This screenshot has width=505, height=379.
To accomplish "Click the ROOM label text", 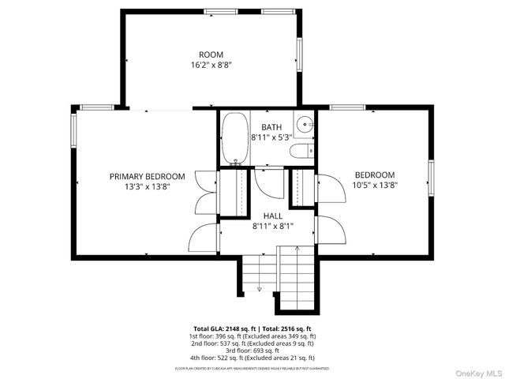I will (x=211, y=54).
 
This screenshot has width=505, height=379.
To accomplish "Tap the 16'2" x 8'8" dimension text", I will (x=211, y=66).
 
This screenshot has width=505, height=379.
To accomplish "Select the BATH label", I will (x=271, y=126).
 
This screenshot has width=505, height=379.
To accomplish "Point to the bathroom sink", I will (x=305, y=124).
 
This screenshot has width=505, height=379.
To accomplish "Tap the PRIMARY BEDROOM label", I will (x=147, y=176).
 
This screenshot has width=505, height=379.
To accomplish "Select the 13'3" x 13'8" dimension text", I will (x=147, y=187).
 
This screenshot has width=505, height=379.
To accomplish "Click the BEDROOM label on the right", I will (x=374, y=175).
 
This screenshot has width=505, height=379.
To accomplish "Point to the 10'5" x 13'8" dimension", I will (x=374, y=186).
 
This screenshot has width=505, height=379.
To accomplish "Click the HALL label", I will (x=273, y=215).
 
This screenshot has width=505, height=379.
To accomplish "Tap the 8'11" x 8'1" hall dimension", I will (x=273, y=226).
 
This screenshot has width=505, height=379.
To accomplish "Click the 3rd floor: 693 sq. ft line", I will (x=252, y=351).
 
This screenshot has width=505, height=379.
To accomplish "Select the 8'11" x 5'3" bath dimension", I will (x=271, y=137).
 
